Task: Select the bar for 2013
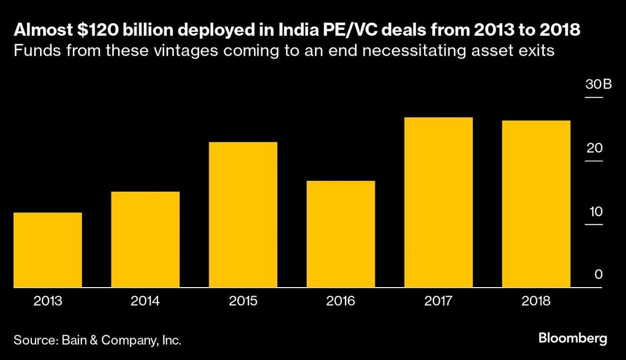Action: (47, 250)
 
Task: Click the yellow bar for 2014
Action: (145, 239)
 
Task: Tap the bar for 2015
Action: (243, 215)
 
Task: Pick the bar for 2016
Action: (341, 234)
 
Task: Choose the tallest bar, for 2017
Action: (439, 202)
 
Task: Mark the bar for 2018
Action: (536, 204)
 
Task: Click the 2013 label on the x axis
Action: (47, 301)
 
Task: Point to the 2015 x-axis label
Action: (243, 301)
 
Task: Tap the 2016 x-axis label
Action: (341, 301)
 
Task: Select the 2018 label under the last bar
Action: (536, 301)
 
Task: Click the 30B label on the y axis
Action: (598, 85)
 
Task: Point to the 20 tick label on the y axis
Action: (595, 148)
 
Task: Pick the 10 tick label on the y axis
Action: (596, 212)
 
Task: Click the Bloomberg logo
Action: (572, 338)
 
